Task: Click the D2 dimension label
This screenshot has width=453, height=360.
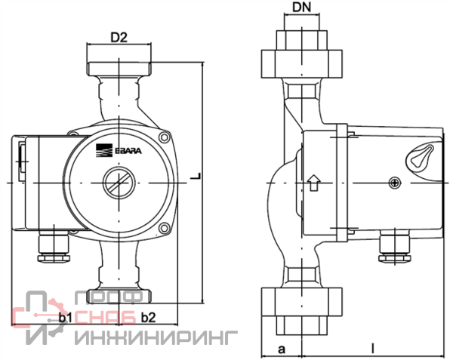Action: pos(119,37)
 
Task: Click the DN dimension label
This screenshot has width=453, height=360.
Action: pos(301,8)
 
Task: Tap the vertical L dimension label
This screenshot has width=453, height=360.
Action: pos(196,176)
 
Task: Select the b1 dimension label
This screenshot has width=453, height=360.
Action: pos(65,318)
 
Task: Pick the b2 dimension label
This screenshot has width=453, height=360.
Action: pos(148,318)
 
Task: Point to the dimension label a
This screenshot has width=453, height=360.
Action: pos(281,349)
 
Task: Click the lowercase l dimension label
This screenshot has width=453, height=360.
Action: pos(373,348)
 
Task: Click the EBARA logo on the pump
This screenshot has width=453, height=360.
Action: pos(119,150)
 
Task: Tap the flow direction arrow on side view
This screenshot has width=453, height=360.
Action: pos(314,183)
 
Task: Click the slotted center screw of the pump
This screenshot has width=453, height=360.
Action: pos(119,183)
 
